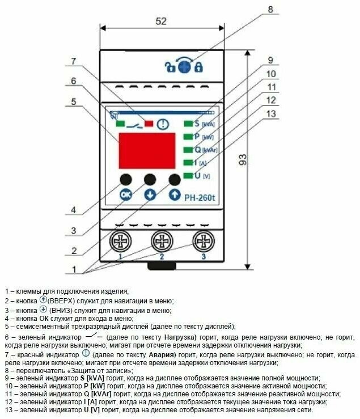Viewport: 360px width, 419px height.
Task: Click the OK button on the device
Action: (125, 194)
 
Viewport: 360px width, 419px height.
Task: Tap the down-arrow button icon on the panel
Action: (150, 194)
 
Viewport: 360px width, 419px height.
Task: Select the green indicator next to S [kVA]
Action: (188, 123)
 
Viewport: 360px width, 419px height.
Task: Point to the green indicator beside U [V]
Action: (188, 176)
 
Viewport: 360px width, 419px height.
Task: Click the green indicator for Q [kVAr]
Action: (188, 150)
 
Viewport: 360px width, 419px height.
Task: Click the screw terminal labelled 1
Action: (120, 242)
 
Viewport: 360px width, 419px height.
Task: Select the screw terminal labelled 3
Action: (204, 242)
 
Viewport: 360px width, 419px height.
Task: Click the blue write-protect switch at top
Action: (184, 67)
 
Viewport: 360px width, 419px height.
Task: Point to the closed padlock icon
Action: (198, 67)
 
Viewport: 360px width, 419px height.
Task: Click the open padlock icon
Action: (170, 67)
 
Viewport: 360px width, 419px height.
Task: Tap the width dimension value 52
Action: (161, 21)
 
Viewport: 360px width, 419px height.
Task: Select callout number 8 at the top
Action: (270, 9)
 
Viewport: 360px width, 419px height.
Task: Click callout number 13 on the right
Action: (273, 114)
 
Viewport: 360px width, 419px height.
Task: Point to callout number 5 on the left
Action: (73, 101)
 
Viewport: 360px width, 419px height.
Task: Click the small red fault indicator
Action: (149, 123)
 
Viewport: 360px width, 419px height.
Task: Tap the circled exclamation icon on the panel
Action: (163, 123)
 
